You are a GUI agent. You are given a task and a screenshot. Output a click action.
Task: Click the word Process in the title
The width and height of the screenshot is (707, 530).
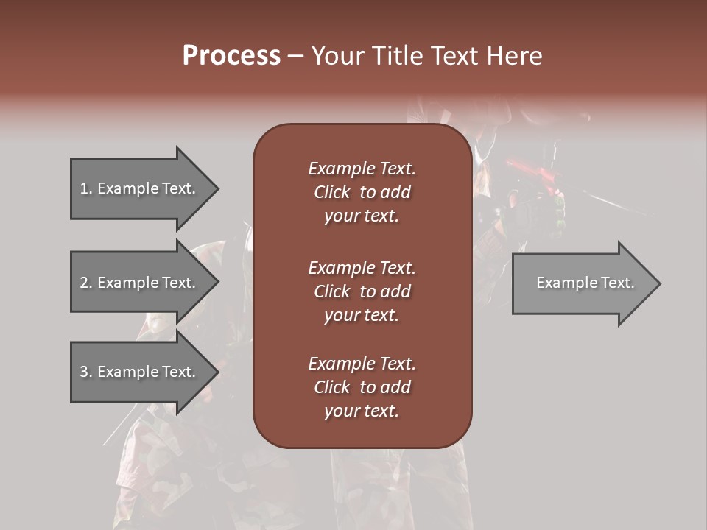pyautogui.click(x=231, y=56)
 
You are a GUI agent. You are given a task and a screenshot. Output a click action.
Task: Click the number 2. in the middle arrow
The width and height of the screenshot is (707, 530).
pyautogui.click(x=86, y=283)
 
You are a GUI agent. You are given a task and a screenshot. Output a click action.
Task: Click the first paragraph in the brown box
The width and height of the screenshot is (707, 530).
pyautogui.click(x=362, y=192)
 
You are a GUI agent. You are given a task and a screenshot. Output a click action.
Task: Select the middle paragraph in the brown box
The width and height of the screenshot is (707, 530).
pyautogui.click(x=362, y=291)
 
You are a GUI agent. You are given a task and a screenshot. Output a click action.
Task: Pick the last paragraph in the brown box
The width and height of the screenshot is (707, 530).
pyautogui.click(x=362, y=387)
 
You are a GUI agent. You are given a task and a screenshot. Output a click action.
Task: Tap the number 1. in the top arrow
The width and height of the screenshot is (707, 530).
pyautogui.click(x=86, y=188)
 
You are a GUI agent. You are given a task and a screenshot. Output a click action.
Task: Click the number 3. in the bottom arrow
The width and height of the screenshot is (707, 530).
pyautogui.click(x=86, y=372)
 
